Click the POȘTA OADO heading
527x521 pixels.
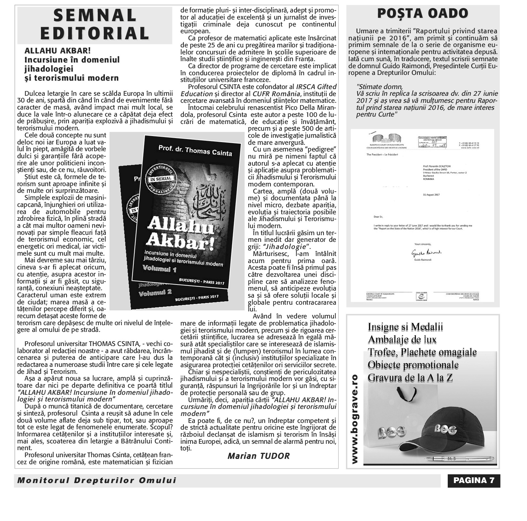[423, 14]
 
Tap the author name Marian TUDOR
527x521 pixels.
[258, 456]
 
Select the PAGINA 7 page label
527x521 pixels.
[474, 480]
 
